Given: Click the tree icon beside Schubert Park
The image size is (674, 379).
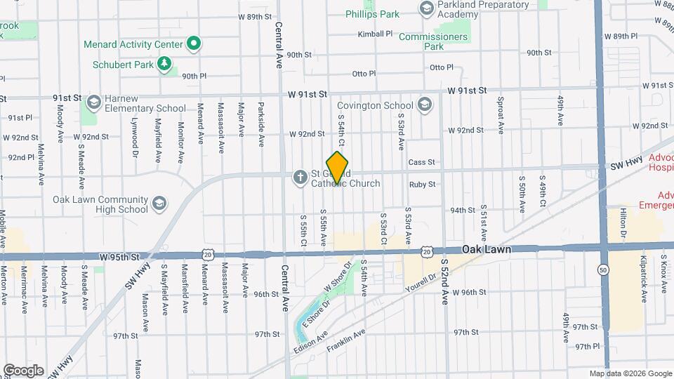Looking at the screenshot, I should (164, 65).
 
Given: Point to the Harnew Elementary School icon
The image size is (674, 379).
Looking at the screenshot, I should (92, 104).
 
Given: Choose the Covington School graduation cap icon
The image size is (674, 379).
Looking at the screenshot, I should (424, 105).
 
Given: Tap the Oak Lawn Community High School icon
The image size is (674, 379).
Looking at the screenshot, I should (159, 204).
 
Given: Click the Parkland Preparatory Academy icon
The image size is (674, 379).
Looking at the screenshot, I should (425, 8).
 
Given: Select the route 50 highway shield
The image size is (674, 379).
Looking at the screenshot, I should (602, 270).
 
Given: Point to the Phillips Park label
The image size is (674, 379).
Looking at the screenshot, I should (372, 14).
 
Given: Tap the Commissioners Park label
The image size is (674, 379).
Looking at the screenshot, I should (433, 41).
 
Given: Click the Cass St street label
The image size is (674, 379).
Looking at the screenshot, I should (422, 162).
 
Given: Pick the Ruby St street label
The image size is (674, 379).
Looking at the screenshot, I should (422, 185).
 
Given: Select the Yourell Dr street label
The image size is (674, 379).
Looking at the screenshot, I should (421, 284).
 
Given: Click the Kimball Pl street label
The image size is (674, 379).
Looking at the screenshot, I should (375, 34).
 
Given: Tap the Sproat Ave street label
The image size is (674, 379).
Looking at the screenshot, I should (501, 115).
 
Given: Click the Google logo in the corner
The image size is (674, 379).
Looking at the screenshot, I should (23, 370).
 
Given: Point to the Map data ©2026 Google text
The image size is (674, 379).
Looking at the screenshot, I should (630, 373).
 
